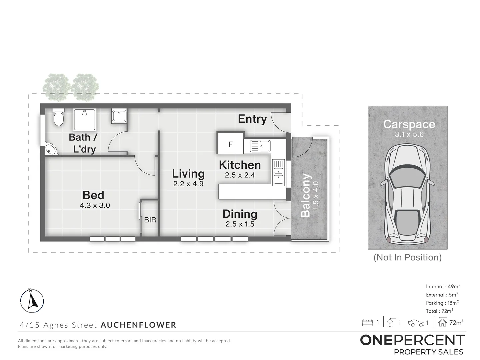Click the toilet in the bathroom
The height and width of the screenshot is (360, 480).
pos(58,117)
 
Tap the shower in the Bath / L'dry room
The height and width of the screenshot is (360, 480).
pos(85,119)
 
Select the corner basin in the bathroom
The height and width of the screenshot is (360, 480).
pos(51,150)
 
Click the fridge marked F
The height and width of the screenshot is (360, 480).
pos(230,144)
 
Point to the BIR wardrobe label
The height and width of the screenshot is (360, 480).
pos(150,220)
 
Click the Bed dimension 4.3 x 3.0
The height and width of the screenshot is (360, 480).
pos(95,205)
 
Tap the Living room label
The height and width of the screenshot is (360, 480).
pos(188,174)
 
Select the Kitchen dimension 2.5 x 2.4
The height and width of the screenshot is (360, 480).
pos(240,175)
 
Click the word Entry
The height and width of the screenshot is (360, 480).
pos(252,119)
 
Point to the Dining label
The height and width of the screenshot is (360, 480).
pos(240,214)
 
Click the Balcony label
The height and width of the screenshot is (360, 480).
pos(306,195)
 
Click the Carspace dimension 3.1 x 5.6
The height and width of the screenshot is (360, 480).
pos(409,135)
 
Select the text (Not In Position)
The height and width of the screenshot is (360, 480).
pos(407,257)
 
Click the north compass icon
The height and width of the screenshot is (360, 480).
pos(32,300)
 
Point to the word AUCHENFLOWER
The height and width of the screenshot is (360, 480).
pos(138,325)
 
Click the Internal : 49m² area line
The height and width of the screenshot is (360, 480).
pos(443,286)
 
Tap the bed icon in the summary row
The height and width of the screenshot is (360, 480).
pos(367,322)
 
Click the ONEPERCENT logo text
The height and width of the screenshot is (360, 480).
pos(412,340)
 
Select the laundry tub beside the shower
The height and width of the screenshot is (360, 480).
pos(119,116)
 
